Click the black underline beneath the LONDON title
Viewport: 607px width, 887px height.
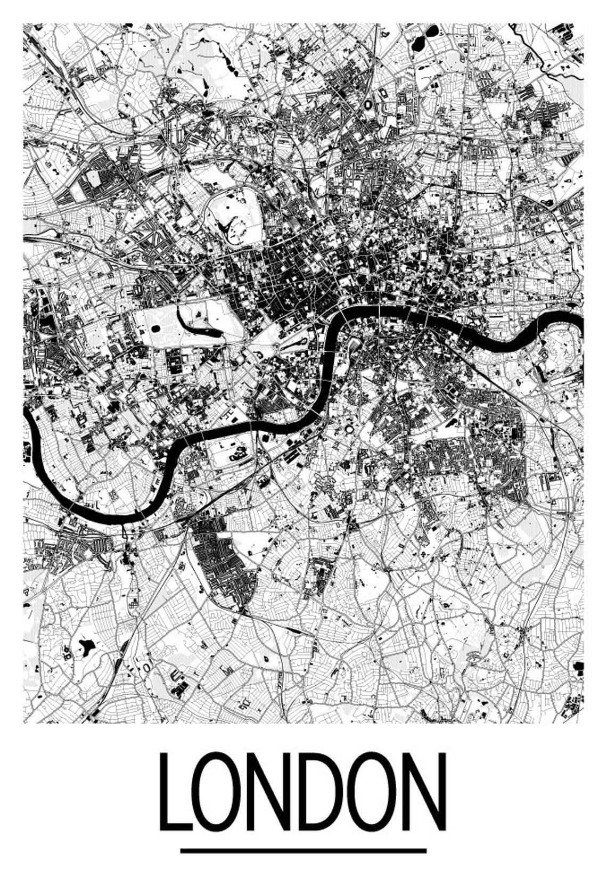coord(303,851)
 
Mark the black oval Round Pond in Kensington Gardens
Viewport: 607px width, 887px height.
coord(155,328)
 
